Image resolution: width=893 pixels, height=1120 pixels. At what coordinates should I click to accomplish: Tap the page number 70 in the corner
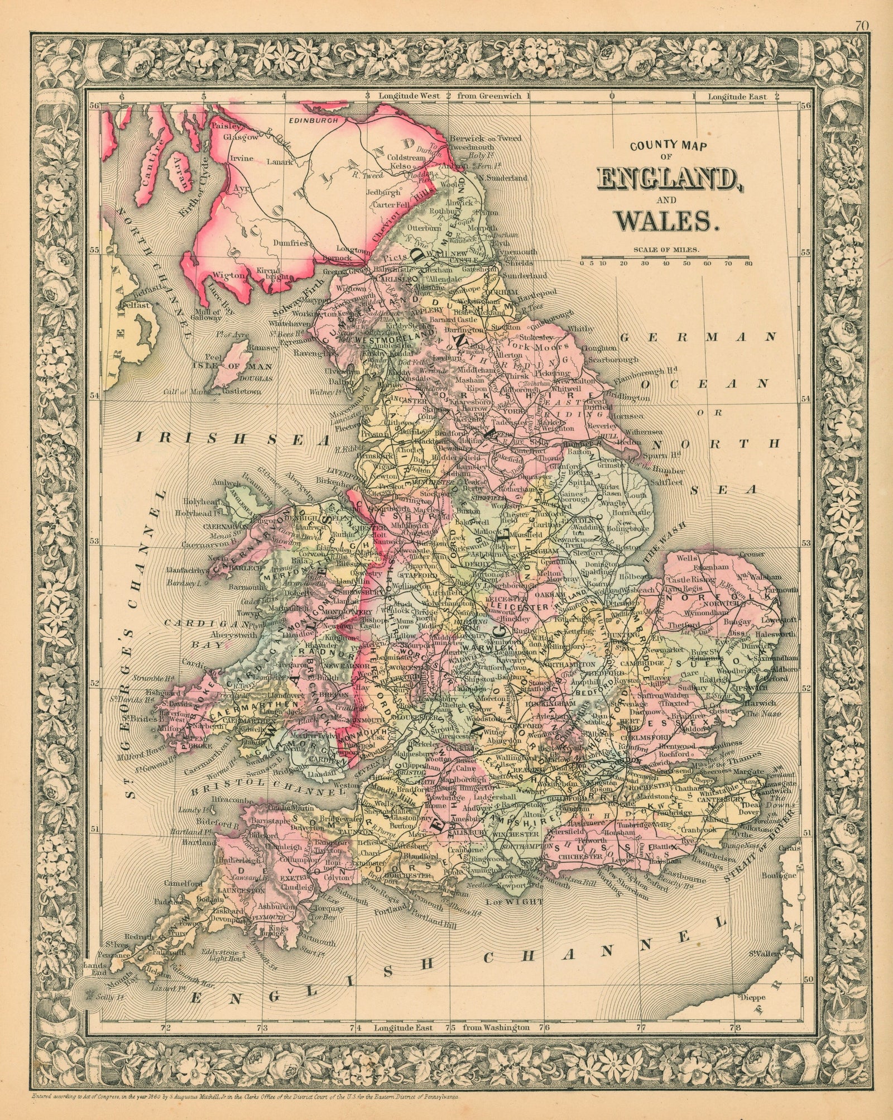click(875, 8)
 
